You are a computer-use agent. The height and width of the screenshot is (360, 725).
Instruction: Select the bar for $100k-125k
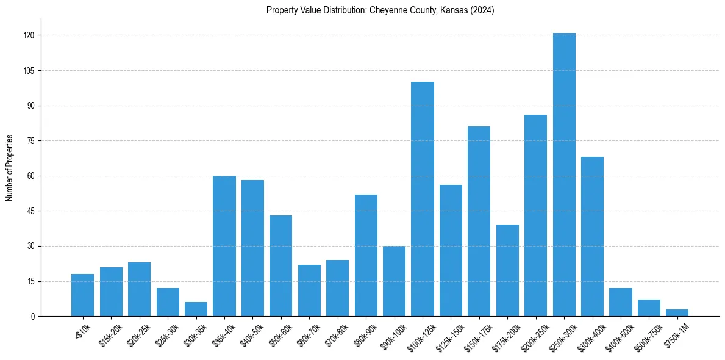point(423,199)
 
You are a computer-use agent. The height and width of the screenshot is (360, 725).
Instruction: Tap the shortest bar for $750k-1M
point(677,312)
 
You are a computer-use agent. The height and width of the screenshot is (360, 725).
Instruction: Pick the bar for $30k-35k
point(196,309)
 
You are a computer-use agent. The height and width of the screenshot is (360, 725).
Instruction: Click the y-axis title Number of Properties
point(10,168)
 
